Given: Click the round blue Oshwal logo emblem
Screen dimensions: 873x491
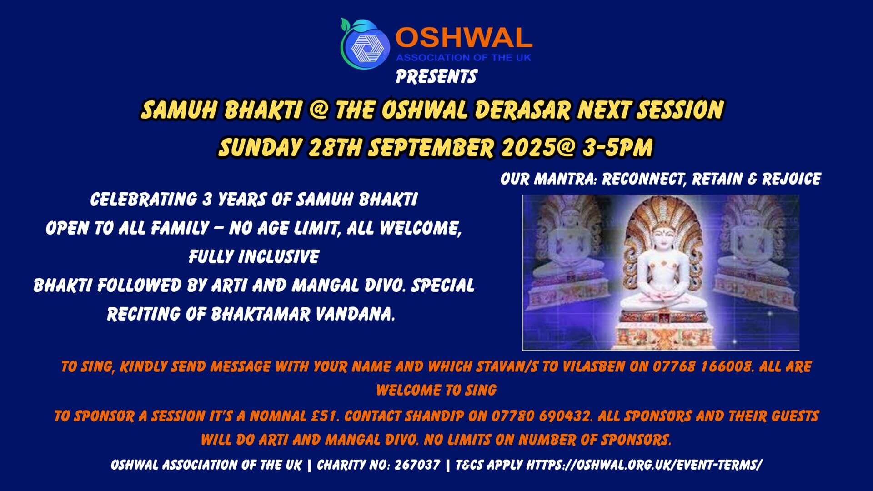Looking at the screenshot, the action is click(365, 43).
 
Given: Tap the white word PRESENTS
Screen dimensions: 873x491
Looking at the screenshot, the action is click(436, 76).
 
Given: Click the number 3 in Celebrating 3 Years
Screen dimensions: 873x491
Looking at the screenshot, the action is click(207, 200).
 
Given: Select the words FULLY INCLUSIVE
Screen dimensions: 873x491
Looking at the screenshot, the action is click(254, 256).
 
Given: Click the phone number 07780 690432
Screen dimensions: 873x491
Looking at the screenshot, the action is click(541, 416).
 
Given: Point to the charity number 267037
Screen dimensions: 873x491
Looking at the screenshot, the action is click(417, 465).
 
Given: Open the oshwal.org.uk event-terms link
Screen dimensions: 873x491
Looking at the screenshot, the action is click(644, 465).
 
